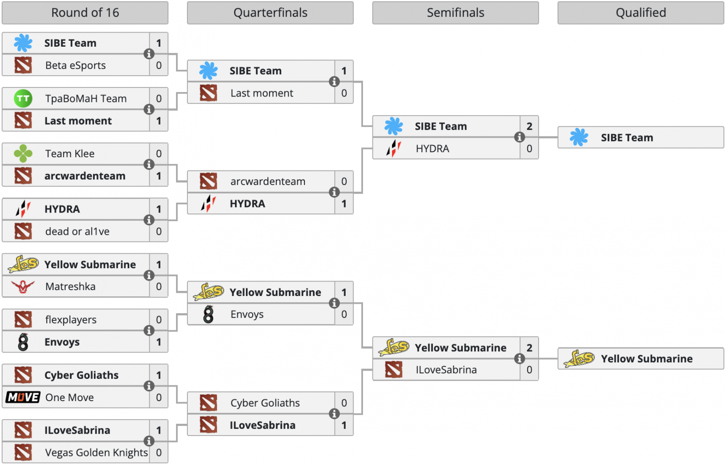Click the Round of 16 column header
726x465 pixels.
click(x=85, y=13)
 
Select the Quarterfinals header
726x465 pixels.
click(x=270, y=13)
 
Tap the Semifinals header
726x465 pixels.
click(x=455, y=13)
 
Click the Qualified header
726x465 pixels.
click(x=640, y=13)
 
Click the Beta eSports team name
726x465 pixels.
click(x=75, y=65)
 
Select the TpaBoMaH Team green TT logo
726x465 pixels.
click(x=23, y=98)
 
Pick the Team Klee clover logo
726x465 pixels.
click(x=23, y=154)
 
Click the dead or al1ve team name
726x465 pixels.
click(x=77, y=232)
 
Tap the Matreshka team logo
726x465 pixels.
click(x=23, y=286)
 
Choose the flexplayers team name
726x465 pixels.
click(x=71, y=320)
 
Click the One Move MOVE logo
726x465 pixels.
click(x=23, y=397)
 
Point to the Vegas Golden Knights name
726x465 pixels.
click(x=96, y=452)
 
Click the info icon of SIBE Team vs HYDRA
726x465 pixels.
click(x=520, y=137)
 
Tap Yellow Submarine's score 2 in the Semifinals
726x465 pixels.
click(x=529, y=348)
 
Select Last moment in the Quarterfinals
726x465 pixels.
click(x=262, y=93)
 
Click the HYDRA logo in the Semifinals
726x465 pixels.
click(x=393, y=148)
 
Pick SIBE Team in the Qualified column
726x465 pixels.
click(x=627, y=138)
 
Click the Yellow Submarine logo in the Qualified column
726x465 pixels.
click(x=579, y=359)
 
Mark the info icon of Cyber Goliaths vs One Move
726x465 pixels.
click(x=149, y=386)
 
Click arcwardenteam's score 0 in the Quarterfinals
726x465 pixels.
click(x=344, y=181)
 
